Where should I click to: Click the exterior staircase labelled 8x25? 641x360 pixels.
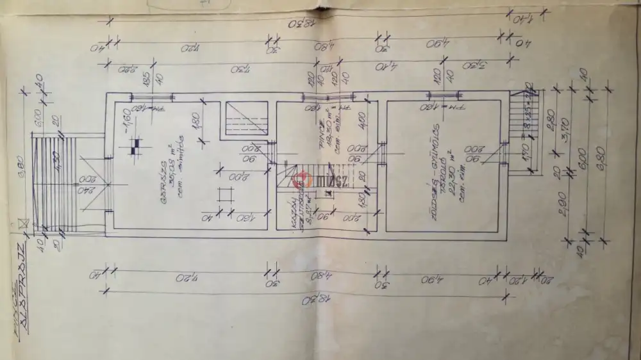click(519, 128)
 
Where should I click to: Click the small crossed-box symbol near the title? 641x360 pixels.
click(24, 224)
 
